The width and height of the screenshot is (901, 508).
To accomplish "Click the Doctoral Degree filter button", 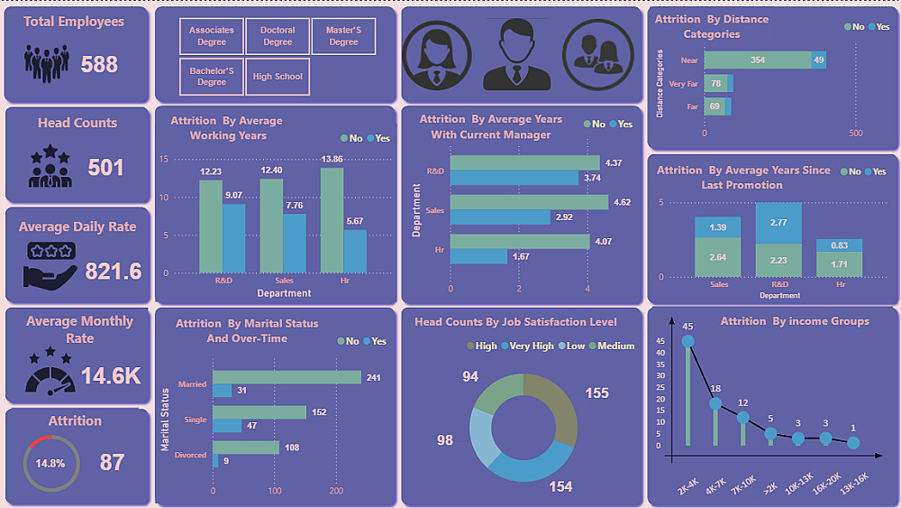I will click(x=278, y=36).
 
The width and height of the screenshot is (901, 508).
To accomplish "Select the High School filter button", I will click(x=278, y=77).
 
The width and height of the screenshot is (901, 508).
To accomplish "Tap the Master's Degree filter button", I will click(x=343, y=36).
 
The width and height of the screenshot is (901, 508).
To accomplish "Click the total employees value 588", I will click(x=99, y=64).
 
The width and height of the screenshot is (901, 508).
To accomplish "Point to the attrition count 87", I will click(x=112, y=463).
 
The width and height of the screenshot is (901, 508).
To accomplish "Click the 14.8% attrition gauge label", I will click(x=50, y=463).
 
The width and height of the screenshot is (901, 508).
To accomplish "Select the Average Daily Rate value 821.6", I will click(x=113, y=271).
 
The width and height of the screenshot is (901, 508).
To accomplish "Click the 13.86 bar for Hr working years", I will click(x=332, y=220).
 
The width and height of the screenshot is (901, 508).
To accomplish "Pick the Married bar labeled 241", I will click(x=287, y=377).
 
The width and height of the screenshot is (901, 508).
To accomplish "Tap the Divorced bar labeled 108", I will click(x=246, y=448).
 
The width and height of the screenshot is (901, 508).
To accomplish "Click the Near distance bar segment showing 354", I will click(x=757, y=60).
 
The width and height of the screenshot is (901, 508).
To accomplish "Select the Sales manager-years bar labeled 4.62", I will click(x=529, y=202).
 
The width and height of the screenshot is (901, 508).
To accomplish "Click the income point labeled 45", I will click(x=688, y=341).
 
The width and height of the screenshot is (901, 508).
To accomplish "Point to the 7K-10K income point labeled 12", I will click(x=743, y=417).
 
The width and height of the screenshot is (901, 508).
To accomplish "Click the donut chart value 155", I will click(x=596, y=393).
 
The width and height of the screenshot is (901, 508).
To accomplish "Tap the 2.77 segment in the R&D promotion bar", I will click(x=779, y=223).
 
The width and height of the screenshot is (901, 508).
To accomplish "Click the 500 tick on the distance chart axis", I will click(x=856, y=133).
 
